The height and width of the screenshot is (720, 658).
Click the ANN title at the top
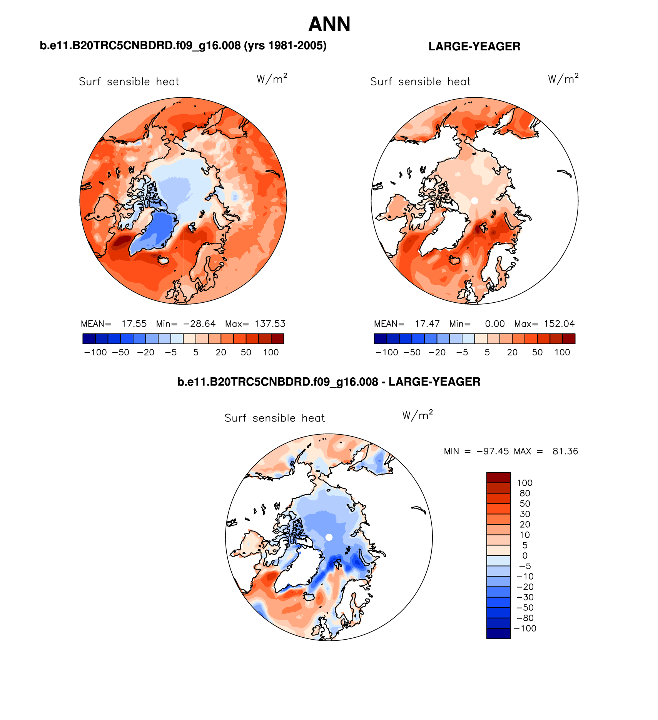pos(329,24)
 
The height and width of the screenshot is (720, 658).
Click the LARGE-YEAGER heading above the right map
pos(474,47)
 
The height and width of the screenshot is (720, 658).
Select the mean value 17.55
pos(134,324)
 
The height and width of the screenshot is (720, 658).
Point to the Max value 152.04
pos(559,324)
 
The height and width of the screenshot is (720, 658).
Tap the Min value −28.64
pos(199,324)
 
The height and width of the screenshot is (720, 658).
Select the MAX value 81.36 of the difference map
pos(565,451)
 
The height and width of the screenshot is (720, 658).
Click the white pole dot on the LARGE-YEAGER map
pos(474,201)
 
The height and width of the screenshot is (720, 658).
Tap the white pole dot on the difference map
pos(329,537)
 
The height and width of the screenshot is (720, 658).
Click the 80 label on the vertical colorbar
pos(525,493)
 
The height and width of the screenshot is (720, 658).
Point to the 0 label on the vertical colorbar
pos(525,556)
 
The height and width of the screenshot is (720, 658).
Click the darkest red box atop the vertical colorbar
pos(498,477)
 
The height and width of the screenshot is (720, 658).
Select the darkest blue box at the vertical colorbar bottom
pos(498,633)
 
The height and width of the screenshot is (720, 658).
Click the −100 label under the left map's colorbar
pos(95,352)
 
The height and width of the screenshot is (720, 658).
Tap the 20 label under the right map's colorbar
pos(512,352)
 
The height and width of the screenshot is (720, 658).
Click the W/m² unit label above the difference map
pos(418,415)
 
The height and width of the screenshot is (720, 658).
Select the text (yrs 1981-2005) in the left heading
pos(285,46)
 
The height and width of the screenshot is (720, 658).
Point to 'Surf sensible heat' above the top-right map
pos(420,82)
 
